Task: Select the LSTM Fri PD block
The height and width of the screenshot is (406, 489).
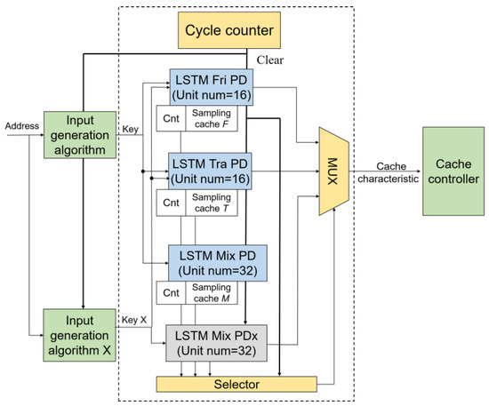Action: pyautogui.click(x=212, y=89)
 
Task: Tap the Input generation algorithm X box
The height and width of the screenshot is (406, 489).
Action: pyautogui.click(x=81, y=334)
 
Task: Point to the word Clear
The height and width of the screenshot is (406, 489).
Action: pyautogui.click(x=272, y=61)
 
